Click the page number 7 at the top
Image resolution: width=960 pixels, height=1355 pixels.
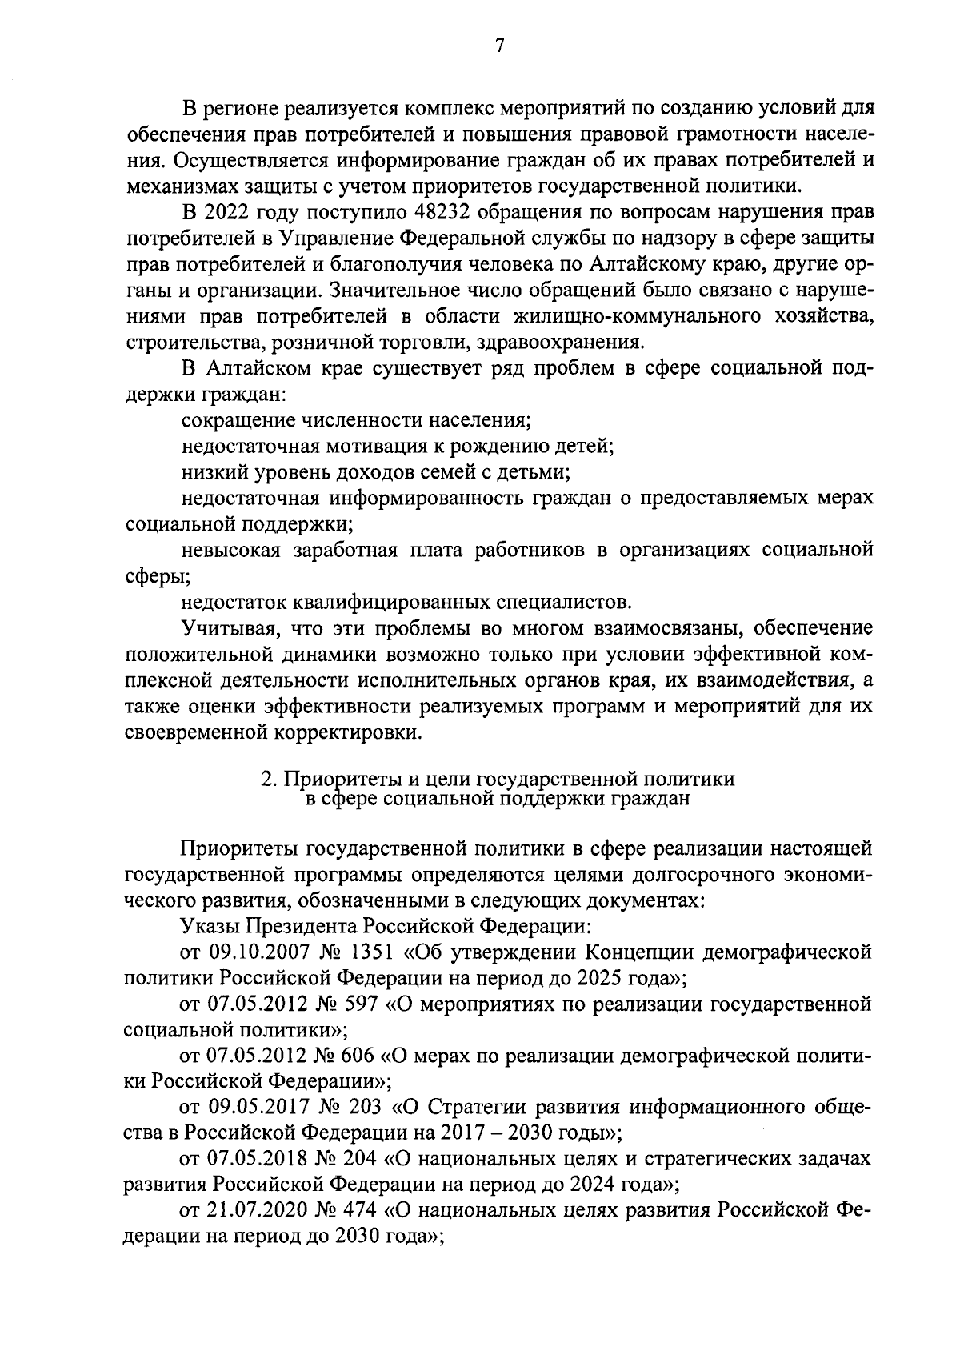click(498, 46)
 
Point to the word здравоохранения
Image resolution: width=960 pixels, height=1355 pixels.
click(559, 342)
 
